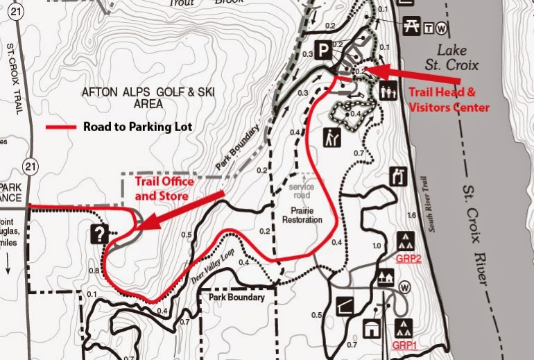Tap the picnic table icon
[410, 24]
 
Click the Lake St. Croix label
[454, 58]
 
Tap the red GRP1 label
[405, 345]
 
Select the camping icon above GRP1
[404, 327]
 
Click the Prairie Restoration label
[303, 214]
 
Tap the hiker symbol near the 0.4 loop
[331, 137]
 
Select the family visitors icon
[386, 91]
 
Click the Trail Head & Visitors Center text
[448, 99]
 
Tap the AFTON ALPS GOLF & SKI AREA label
[148, 98]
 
